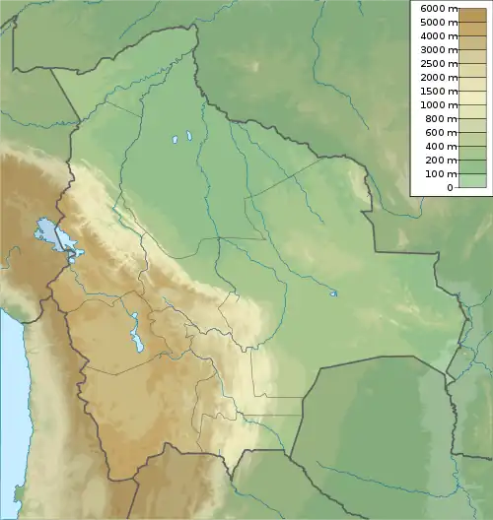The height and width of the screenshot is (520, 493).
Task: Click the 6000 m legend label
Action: coord(438,9)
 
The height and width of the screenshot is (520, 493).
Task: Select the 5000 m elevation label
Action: coord(438,23)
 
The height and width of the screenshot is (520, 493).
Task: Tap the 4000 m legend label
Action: coord(438,35)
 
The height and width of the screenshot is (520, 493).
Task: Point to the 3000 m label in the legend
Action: coord(438,49)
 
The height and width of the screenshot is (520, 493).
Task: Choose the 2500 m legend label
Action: coord(438,63)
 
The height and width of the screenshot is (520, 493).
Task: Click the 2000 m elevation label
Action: coord(438,77)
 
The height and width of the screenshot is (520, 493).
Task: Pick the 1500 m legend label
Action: coord(438,91)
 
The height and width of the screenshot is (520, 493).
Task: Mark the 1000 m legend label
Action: coord(438,104)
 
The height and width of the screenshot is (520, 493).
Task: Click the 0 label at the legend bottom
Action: coord(450,187)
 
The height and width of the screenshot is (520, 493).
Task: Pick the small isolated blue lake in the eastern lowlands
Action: coord(334,292)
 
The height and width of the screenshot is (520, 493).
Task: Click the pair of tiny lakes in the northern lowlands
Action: coord(180,137)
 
